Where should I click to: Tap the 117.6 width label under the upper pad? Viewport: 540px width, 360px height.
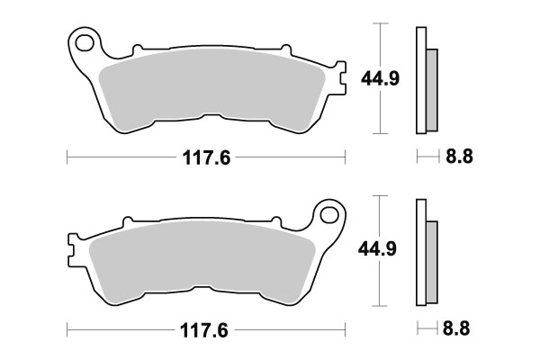206,158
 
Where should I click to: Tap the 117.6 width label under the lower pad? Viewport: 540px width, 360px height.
206,330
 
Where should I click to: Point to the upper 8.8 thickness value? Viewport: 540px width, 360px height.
460,157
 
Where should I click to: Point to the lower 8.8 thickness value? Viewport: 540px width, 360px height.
460,329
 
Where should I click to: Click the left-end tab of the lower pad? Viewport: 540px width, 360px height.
73,243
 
